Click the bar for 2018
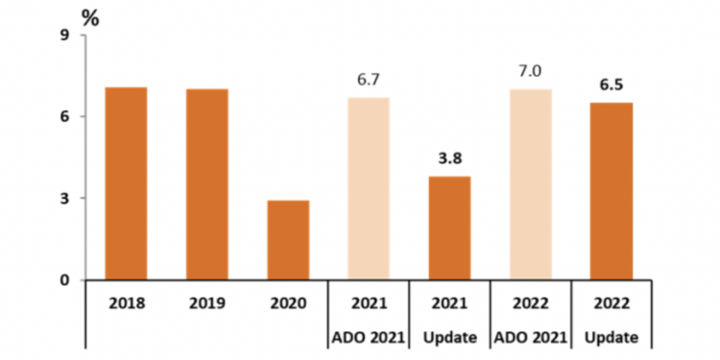[126, 183]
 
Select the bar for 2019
[206, 184]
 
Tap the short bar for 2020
[288, 240]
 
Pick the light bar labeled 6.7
[369, 188]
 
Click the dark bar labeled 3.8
[449, 228]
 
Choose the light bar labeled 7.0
[531, 184]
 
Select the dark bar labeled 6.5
[612, 191]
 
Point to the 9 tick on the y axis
[64, 36]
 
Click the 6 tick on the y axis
[64, 116]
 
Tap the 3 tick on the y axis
[64, 198]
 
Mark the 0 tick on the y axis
[64, 280]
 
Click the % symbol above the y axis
[90, 16]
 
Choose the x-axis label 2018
[126, 303]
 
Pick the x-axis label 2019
[206, 303]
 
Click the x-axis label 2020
[288, 303]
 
